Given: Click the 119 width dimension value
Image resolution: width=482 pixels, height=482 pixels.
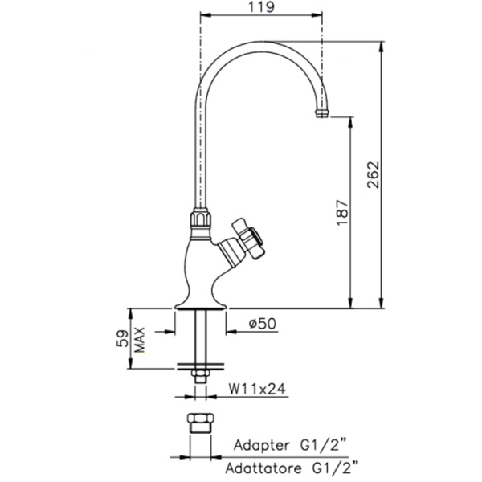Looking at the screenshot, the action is pyautogui.click(x=261, y=6).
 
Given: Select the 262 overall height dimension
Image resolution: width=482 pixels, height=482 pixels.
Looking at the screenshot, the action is pyautogui.click(x=374, y=175).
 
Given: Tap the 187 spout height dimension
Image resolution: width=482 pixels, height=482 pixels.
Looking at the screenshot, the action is pyautogui.click(x=342, y=213).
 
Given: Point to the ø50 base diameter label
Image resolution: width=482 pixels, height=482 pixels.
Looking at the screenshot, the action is pyautogui.click(x=263, y=324).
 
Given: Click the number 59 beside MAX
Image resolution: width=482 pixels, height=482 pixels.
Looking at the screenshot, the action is pyautogui.click(x=122, y=338).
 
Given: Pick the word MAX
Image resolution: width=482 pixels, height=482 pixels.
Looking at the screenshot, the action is pyautogui.click(x=139, y=340).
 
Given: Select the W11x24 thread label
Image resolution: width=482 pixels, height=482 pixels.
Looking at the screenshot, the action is pyautogui.click(x=257, y=389).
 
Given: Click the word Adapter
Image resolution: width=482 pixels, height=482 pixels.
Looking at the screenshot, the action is pyautogui.click(x=261, y=445).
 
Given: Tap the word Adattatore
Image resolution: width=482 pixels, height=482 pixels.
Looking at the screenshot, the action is pyautogui.click(x=263, y=468).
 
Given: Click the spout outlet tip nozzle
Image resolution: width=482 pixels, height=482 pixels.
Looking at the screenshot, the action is pyautogui.click(x=322, y=113).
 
